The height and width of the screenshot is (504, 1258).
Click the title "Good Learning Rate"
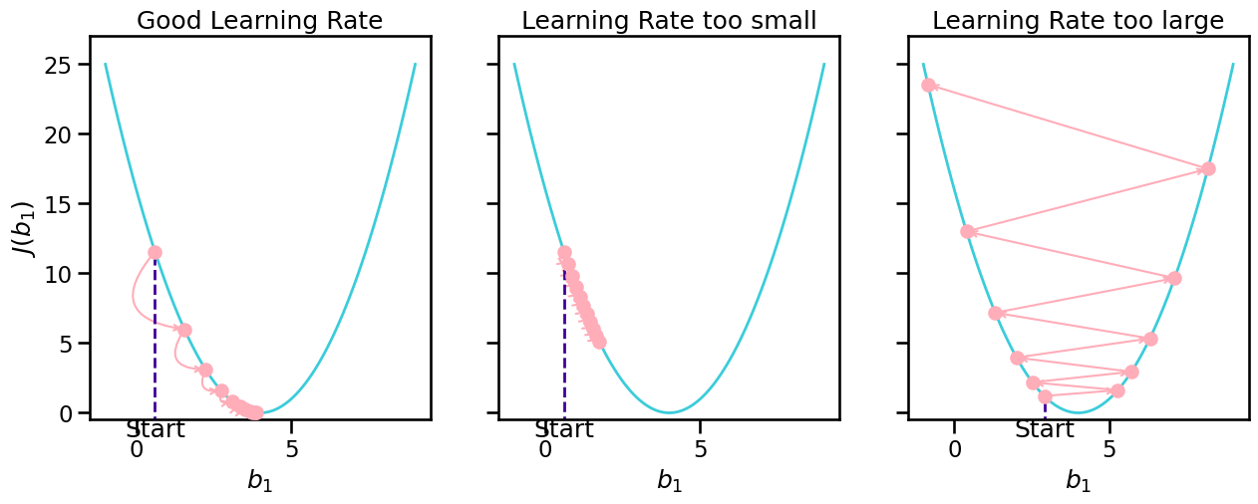(x=259, y=20)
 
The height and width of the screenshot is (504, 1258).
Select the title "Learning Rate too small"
(x=669, y=20)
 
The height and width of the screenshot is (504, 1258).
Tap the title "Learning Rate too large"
(x=1078, y=20)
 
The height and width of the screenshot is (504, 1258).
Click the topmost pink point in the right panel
(x=928, y=85)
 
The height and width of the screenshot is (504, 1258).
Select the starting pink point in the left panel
(x=155, y=252)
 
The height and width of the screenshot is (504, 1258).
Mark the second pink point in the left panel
(x=184, y=330)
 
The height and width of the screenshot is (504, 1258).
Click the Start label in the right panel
(x=1045, y=430)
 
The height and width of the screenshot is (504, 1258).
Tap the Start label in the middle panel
(x=564, y=430)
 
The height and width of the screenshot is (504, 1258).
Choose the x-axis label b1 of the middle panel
(x=669, y=481)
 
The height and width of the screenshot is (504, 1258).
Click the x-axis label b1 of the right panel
(x=1078, y=481)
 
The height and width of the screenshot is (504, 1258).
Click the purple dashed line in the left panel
(x=155, y=339)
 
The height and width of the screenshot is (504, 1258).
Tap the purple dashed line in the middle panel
(x=564, y=339)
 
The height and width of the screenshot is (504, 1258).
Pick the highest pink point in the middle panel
(x=564, y=253)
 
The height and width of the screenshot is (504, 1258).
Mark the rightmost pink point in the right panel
(x=1208, y=168)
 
